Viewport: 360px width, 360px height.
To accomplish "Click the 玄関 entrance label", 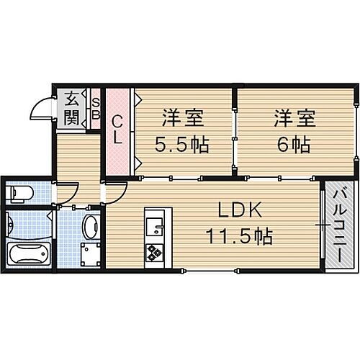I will point(71,108).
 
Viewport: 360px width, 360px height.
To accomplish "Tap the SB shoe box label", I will point(95,108).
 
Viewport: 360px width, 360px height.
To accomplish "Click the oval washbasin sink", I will point(90,227).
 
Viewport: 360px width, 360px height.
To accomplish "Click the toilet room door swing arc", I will point(66,192).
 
